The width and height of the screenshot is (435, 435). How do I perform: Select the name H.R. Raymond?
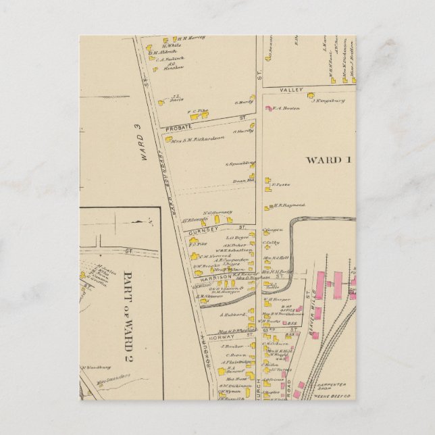click(x=290, y=205)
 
